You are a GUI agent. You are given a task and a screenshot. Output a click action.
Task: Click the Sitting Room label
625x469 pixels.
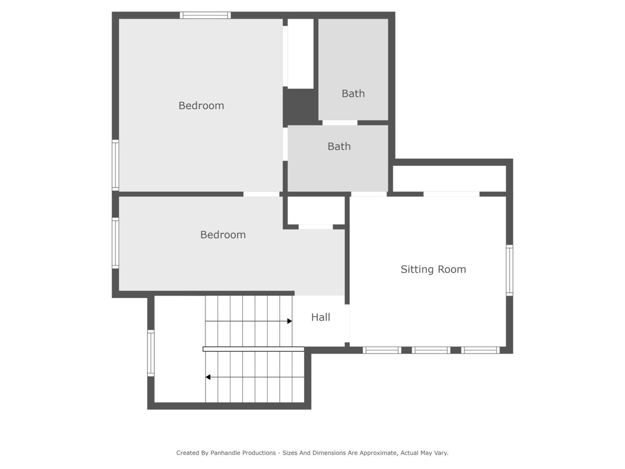tap(433, 269)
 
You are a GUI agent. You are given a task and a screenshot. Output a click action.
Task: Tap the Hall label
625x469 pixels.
tap(320, 317)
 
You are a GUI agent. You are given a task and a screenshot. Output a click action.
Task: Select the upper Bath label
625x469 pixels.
tap(353, 94)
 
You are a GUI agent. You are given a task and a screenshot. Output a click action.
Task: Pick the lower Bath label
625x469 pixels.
tap(339, 147)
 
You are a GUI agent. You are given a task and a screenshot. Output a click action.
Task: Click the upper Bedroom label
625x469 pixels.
tap(201, 106)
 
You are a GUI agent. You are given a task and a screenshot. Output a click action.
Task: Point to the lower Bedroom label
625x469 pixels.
tap(223, 235)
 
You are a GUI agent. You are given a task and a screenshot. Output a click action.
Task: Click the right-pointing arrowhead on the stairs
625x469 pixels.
tap(290, 321)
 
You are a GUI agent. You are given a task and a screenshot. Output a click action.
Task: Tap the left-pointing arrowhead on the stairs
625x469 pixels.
tap(208, 377)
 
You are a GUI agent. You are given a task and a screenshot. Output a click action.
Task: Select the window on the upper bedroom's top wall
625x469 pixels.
tap(205, 15)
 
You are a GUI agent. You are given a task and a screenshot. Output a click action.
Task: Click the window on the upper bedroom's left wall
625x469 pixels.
tap(115, 165)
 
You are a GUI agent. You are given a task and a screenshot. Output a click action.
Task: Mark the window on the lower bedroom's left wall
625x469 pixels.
tap(115, 243)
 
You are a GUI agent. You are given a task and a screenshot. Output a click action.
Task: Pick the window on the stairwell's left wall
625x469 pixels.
tap(151, 353)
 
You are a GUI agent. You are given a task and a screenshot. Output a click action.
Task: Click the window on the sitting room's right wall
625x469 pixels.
tap(509, 271)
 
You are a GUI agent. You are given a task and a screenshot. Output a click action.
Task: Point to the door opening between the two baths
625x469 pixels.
tap(340, 123)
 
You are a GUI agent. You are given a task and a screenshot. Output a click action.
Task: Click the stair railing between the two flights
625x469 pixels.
tap(254, 349)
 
